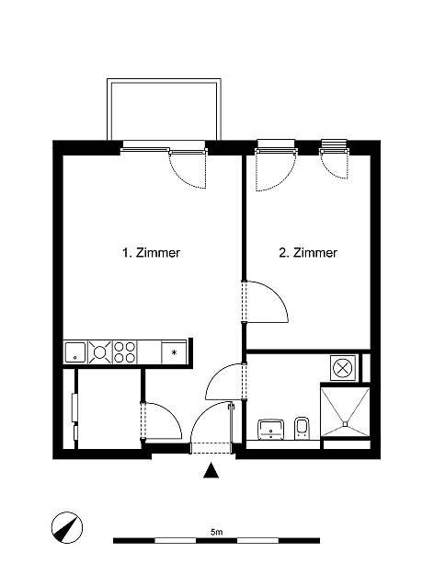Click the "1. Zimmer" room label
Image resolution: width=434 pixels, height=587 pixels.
click(151, 253)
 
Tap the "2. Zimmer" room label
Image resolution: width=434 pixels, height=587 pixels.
click(308, 253)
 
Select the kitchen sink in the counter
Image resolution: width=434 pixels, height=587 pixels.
click(75, 351)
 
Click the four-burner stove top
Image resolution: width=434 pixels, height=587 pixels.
click(124, 351)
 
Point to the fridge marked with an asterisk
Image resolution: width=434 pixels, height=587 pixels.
click(174, 351)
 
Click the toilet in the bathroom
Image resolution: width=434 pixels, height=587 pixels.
click(302, 428)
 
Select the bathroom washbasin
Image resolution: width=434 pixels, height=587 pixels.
click(271, 429)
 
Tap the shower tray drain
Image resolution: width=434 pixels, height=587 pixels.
click(346, 424)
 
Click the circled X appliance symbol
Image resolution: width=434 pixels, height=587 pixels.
click(343, 368)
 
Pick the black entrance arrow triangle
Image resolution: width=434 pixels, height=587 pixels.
click(211, 471)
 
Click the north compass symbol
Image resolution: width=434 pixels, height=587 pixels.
click(67, 527)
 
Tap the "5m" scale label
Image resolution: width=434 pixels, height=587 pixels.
click(217, 532)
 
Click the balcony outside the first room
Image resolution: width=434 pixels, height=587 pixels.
click(164, 109)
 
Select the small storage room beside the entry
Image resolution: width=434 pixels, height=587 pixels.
click(108, 409)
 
